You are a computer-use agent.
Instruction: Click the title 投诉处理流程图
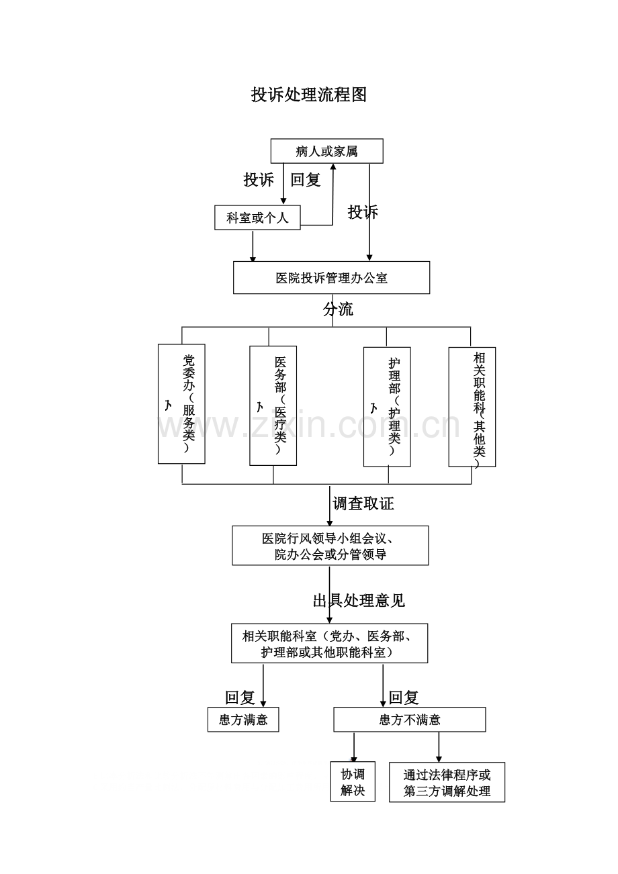click(309, 95)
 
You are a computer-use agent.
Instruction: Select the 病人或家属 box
click(326, 151)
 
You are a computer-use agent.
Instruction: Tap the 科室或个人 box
click(257, 217)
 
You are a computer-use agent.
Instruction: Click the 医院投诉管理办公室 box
click(331, 278)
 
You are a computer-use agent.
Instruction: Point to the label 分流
click(338, 309)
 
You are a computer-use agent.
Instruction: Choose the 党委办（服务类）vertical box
click(181, 403)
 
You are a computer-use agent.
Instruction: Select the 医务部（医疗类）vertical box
click(273, 405)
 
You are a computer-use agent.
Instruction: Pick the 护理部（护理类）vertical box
click(387, 406)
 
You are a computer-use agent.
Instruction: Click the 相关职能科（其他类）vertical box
click(472, 407)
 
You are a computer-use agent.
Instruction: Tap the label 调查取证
click(363, 503)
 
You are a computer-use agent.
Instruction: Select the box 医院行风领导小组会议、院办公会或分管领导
click(330, 545)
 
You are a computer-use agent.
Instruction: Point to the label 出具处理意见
click(359, 600)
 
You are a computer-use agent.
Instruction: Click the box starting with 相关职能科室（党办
click(329, 644)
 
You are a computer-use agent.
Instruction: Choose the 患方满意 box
click(243, 720)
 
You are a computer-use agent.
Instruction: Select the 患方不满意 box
click(410, 720)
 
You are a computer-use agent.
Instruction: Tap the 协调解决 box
click(353, 782)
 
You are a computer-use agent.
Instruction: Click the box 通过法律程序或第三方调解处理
click(447, 783)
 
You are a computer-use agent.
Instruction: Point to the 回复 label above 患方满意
click(240, 697)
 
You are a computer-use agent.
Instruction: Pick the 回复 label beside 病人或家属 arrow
click(306, 180)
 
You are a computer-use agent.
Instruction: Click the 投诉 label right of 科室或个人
click(363, 212)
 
